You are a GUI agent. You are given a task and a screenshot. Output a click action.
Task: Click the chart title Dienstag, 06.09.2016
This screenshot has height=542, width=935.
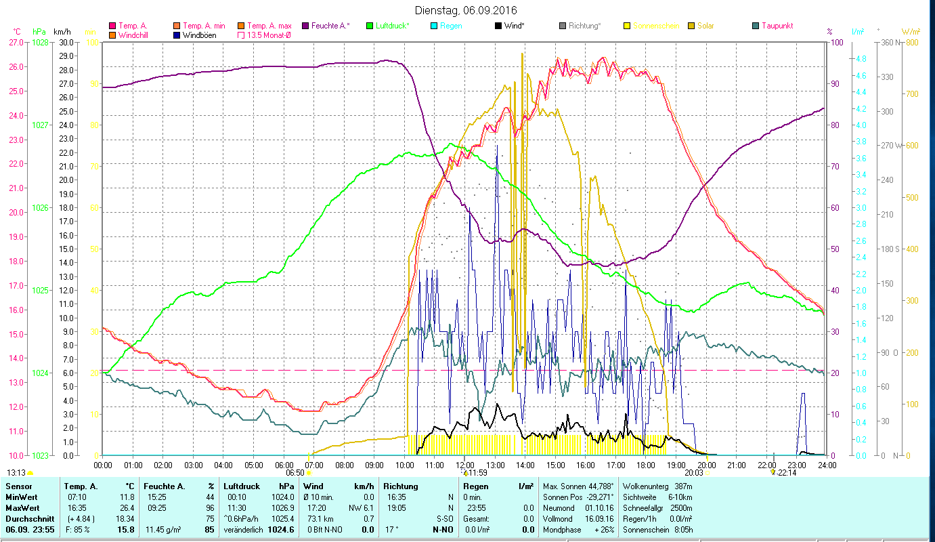467,10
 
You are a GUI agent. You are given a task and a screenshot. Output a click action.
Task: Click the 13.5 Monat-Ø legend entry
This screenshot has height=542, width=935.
269,35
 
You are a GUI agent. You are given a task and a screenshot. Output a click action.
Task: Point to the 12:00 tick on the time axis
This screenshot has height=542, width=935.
465,465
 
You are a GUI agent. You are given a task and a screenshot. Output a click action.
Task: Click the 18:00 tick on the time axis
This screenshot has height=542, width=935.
646,465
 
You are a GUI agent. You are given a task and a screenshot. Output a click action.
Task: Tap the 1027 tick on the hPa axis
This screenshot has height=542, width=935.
41,125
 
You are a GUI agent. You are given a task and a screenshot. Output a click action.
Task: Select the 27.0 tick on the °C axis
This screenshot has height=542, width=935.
16,42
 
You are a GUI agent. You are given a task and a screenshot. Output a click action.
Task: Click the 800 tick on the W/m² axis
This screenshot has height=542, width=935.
911,42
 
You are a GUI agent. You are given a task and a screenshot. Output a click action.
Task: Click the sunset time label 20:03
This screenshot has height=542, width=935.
694,473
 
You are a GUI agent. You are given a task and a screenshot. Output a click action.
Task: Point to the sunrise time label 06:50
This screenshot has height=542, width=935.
295,473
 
